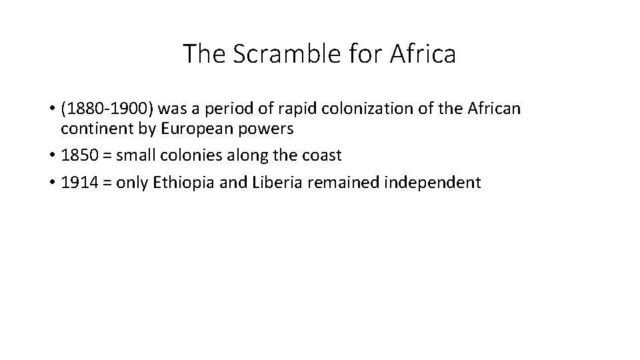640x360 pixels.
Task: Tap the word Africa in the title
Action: [x=425, y=54]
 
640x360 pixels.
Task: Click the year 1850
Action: [x=77, y=156]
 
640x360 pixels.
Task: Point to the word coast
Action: [x=321, y=156]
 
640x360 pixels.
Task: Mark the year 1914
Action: [x=77, y=182]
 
